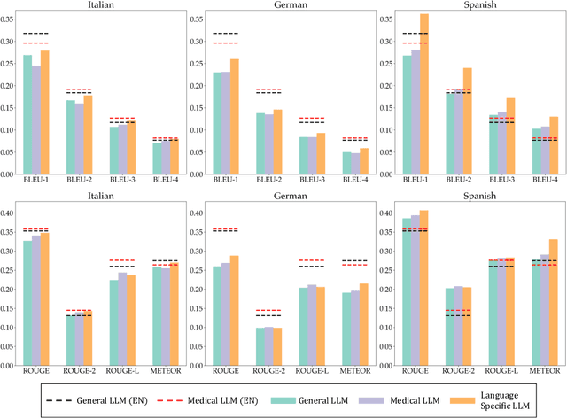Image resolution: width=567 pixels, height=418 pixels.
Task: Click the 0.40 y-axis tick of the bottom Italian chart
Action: tap(9, 213)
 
